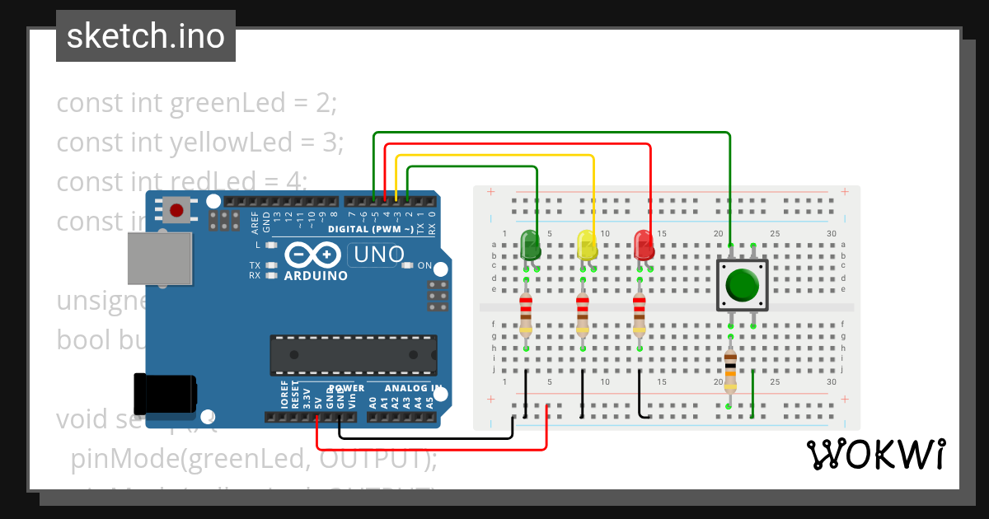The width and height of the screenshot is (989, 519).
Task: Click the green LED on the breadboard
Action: click(530, 245)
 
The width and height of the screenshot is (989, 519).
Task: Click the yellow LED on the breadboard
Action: click(586, 245)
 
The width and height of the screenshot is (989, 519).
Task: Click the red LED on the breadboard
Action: click(643, 245)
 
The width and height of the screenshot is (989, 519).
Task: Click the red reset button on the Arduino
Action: click(176, 210)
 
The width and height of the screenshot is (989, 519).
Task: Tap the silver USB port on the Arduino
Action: click(159, 258)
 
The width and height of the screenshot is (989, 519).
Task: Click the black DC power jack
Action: click(165, 394)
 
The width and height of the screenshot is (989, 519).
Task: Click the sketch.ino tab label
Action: click(146, 36)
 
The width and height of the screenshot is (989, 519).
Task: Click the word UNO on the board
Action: click(379, 255)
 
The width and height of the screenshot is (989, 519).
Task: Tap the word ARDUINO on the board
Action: click(316, 276)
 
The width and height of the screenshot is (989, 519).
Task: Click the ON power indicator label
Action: click(424, 265)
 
